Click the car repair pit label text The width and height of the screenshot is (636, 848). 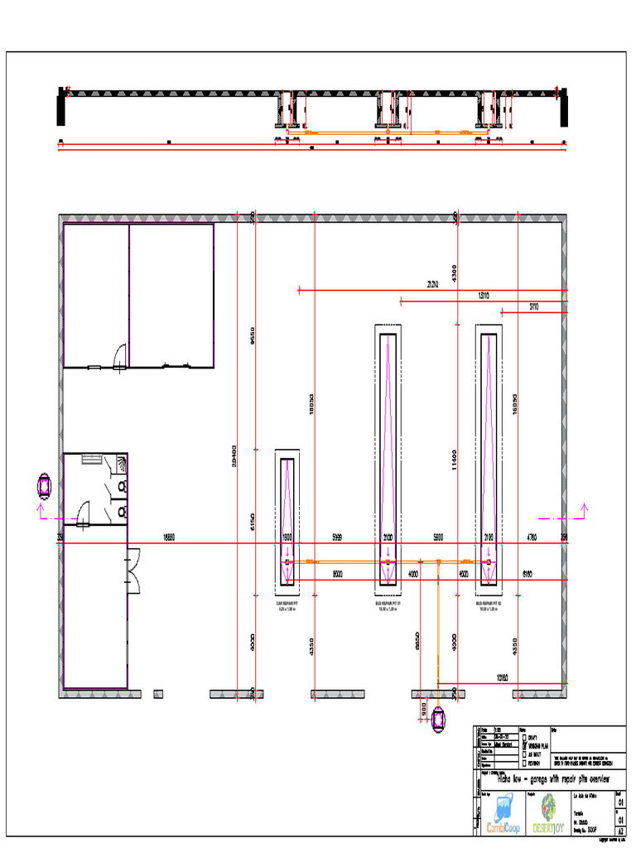[x=287, y=605]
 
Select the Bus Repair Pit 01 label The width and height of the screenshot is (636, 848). [x=388, y=605]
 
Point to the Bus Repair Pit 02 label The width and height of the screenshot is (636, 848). [x=489, y=605]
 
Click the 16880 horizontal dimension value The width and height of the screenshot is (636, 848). [x=168, y=537]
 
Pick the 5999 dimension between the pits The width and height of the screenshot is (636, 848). [x=337, y=537]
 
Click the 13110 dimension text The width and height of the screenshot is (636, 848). [x=484, y=296]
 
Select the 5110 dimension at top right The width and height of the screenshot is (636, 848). [x=534, y=307]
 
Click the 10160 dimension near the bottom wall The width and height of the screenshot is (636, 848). [x=502, y=678]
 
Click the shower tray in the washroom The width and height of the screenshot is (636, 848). [x=122, y=460]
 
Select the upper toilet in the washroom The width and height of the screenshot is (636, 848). [x=122, y=487]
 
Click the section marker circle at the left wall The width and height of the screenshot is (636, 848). [x=44, y=485]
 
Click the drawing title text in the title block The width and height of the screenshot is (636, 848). [x=552, y=778]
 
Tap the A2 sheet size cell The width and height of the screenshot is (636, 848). [x=620, y=831]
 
